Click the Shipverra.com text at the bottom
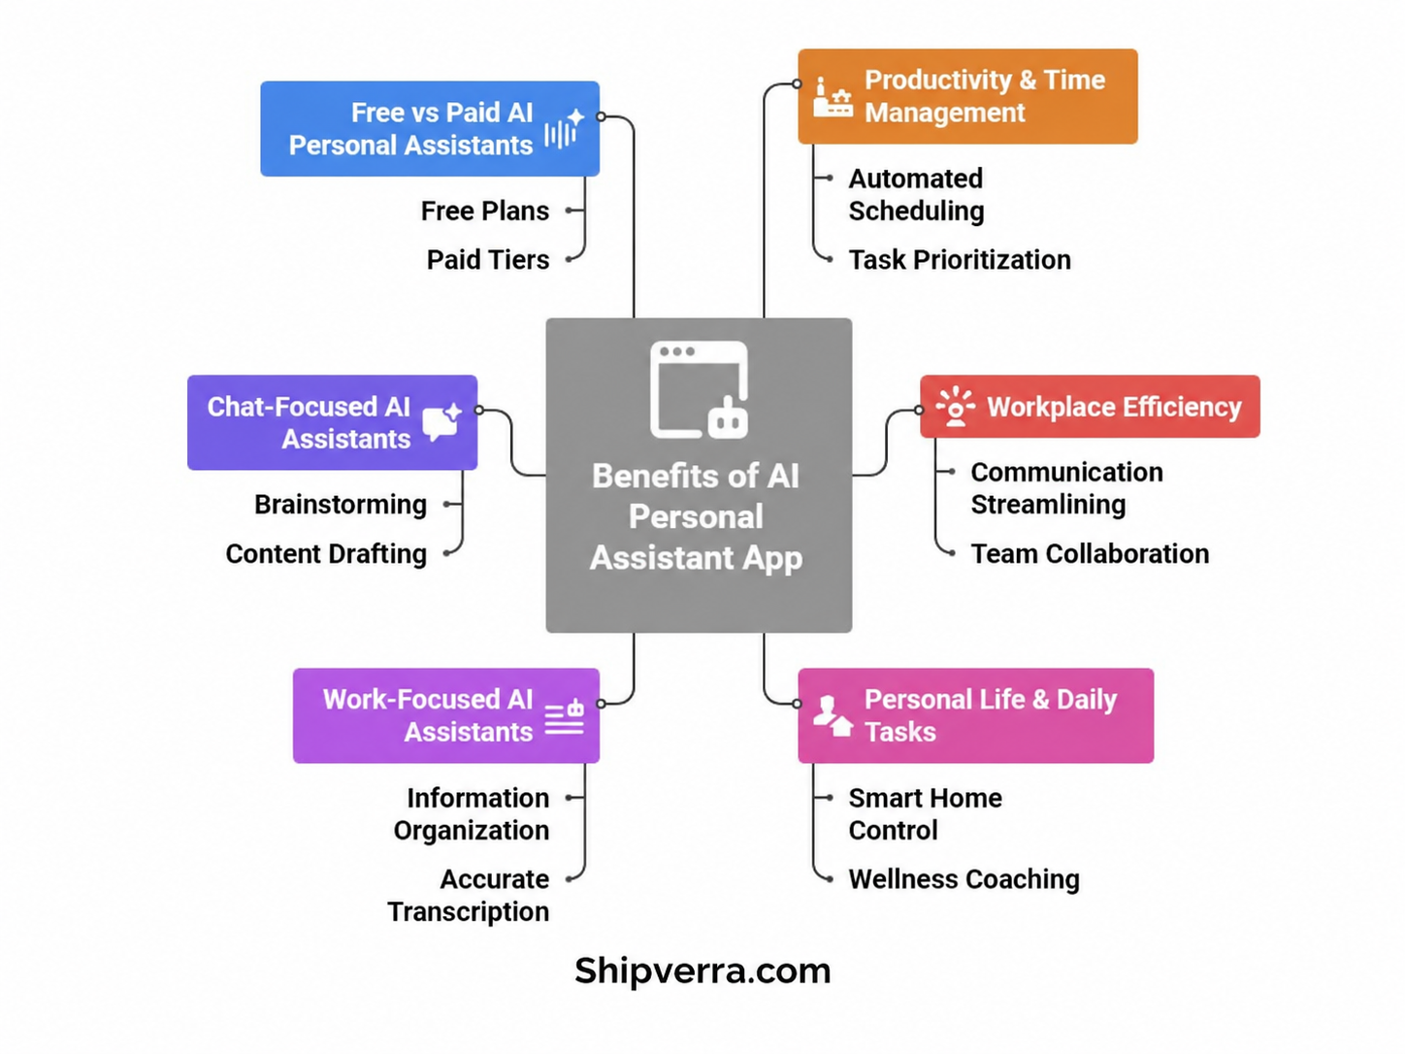[x=702, y=971]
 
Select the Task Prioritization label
[x=960, y=260]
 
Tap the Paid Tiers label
[x=488, y=260]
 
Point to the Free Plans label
[x=484, y=212]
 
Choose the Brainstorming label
[x=341, y=505]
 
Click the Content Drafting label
[x=326, y=554]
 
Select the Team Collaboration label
[x=1090, y=554]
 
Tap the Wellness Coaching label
[x=964, y=879]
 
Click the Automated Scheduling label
[x=916, y=194]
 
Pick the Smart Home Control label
[x=925, y=814]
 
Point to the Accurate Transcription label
[x=468, y=895]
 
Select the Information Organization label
[x=472, y=814]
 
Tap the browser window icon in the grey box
[x=699, y=390]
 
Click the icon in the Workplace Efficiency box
[x=955, y=406]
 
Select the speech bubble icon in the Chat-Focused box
[x=441, y=422]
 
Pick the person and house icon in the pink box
[x=833, y=716]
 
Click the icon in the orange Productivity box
[x=833, y=97]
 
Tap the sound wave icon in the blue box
[x=565, y=128]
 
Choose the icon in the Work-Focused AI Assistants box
[x=564, y=716]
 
